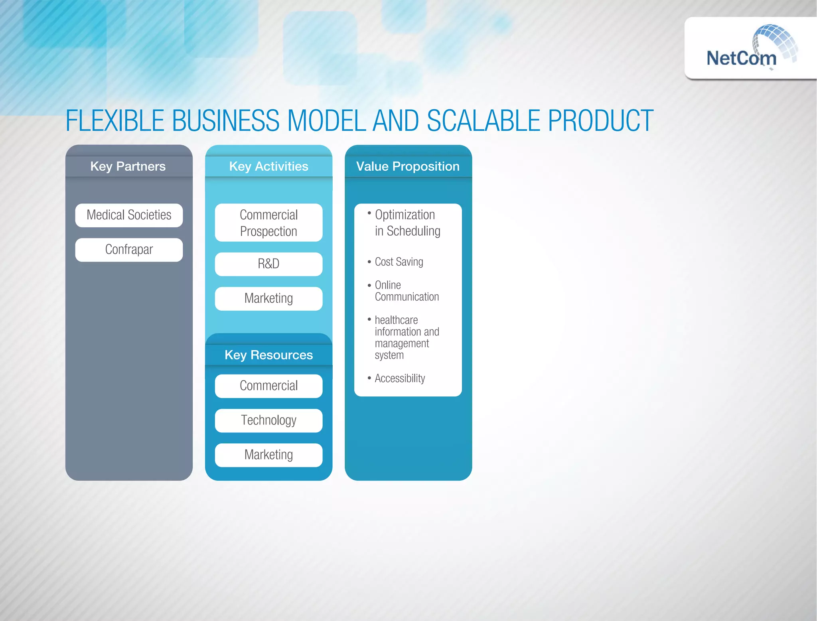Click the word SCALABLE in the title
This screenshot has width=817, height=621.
(x=483, y=120)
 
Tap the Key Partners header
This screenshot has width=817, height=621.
(x=128, y=166)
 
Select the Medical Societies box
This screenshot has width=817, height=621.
(x=129, y=215)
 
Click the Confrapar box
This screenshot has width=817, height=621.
(x=129, y=250)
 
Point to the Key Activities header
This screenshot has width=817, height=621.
(x=268, y=166)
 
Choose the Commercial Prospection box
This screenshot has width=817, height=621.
(x=268, y=223)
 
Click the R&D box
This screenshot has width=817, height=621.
(x=268, y=264)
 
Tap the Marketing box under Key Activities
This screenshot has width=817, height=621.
(x=268, y=298)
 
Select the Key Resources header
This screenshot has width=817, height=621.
(x=268, y=355)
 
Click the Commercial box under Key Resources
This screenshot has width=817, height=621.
(x=268, y=386)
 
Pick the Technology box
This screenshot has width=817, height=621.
(x=268, y=420)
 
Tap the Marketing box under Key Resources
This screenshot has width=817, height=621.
(x=268, y=455)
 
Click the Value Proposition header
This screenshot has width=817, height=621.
(x=408, y=166)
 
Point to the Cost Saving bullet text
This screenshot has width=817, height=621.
(x=399, y=262)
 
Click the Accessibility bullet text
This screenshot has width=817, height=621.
(x=400, y=378)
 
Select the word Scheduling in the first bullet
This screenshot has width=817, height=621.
(x=413, y=231)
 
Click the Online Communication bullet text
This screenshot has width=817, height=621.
(x=406, y=291)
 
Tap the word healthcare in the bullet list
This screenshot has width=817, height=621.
(x=396, y=320)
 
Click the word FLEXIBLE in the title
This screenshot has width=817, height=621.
(x=115, y=120)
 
